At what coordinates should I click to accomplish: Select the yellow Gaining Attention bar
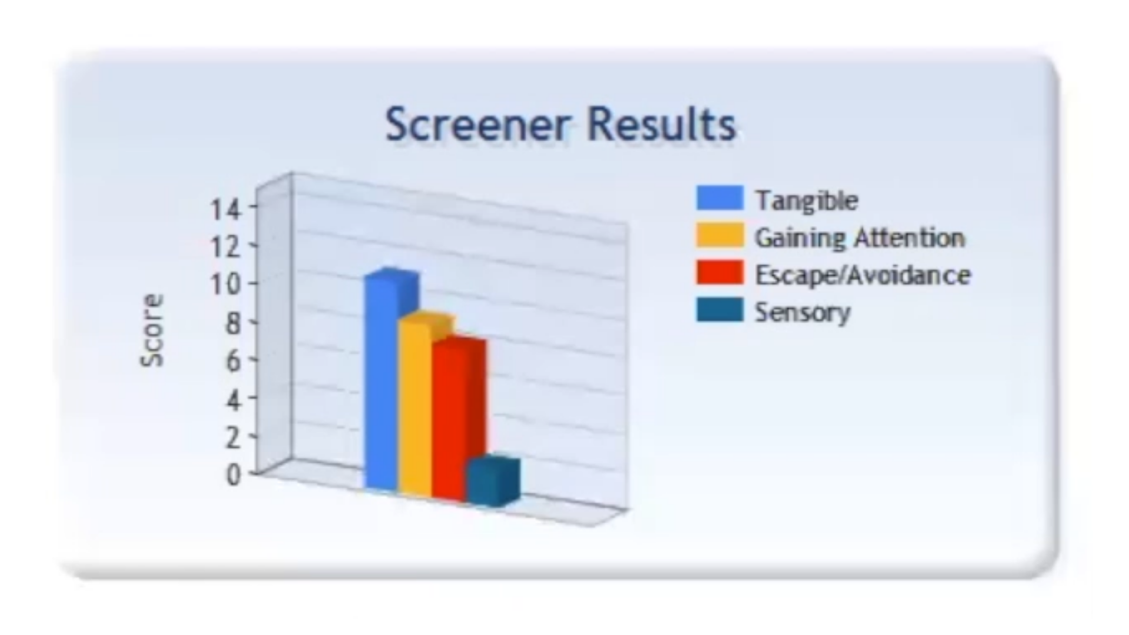(415, 406)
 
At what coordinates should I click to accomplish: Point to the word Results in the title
(662, 125)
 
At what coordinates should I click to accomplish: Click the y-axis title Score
(152, 330)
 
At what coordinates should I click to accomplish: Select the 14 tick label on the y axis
(226, 209)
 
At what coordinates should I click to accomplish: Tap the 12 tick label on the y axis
(226, 246)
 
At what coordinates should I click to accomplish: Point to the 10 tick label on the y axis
(226, 285)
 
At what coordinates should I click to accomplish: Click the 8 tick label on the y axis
(233, 323)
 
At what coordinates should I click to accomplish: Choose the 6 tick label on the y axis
(233, 360)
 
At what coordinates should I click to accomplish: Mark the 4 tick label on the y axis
(233, 400)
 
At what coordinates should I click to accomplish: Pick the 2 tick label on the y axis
(233, 437)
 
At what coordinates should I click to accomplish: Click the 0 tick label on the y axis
(233, 474)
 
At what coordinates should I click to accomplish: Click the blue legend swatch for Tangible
(720, 198)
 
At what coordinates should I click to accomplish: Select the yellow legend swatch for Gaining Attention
(720, 235)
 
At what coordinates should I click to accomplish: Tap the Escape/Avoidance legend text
(863, 275)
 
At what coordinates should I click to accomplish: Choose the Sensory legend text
(803, 312)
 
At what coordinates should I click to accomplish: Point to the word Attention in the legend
(910, 238)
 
